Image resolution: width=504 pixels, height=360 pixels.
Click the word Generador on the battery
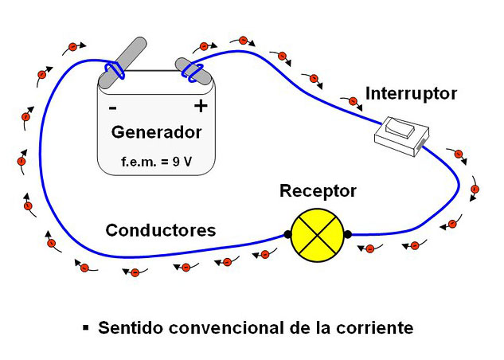[x=156, y=132]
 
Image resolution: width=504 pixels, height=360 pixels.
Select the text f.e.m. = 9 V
[x=156, y=162]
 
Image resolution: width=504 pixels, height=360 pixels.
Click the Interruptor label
[x=411, y=94]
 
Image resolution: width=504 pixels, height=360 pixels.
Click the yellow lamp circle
[x=317, y=234]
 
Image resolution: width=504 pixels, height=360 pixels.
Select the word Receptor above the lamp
[x=318, y=192]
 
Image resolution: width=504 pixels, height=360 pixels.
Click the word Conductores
[x=161, y=231]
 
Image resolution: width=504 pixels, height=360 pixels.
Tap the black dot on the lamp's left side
[x=287, y=235]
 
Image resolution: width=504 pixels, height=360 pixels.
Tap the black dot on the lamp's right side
[x=347, y=234]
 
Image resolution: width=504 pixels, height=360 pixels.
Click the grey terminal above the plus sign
[x=193, y=70]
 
